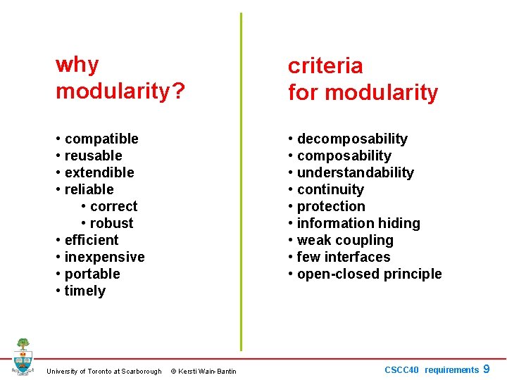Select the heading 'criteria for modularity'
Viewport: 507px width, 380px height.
coord(363,79)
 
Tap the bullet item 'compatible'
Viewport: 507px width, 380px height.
coord(101,139)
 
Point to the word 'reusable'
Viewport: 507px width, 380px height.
coord(93,156)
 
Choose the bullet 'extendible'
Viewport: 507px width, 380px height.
coord(99,172)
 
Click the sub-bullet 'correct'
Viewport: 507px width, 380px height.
coord(113,206)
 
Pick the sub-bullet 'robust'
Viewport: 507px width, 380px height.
coord(111,223)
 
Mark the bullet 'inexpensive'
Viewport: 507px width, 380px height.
coord(104,257)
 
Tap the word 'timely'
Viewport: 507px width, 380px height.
coord(84,291)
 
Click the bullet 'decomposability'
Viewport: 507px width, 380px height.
coord(351,139)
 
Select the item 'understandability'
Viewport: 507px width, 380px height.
coord(355,172)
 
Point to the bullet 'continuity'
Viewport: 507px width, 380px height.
coord(330,189)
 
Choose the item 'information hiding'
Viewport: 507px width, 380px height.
coord(358,223)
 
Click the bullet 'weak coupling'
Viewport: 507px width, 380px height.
coord(344,240)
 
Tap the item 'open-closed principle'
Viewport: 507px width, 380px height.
coord(369,274)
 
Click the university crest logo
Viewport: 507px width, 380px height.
coord(23,357)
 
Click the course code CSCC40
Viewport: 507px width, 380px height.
coord(401,370)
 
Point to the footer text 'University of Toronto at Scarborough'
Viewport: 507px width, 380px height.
coord(104,372)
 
